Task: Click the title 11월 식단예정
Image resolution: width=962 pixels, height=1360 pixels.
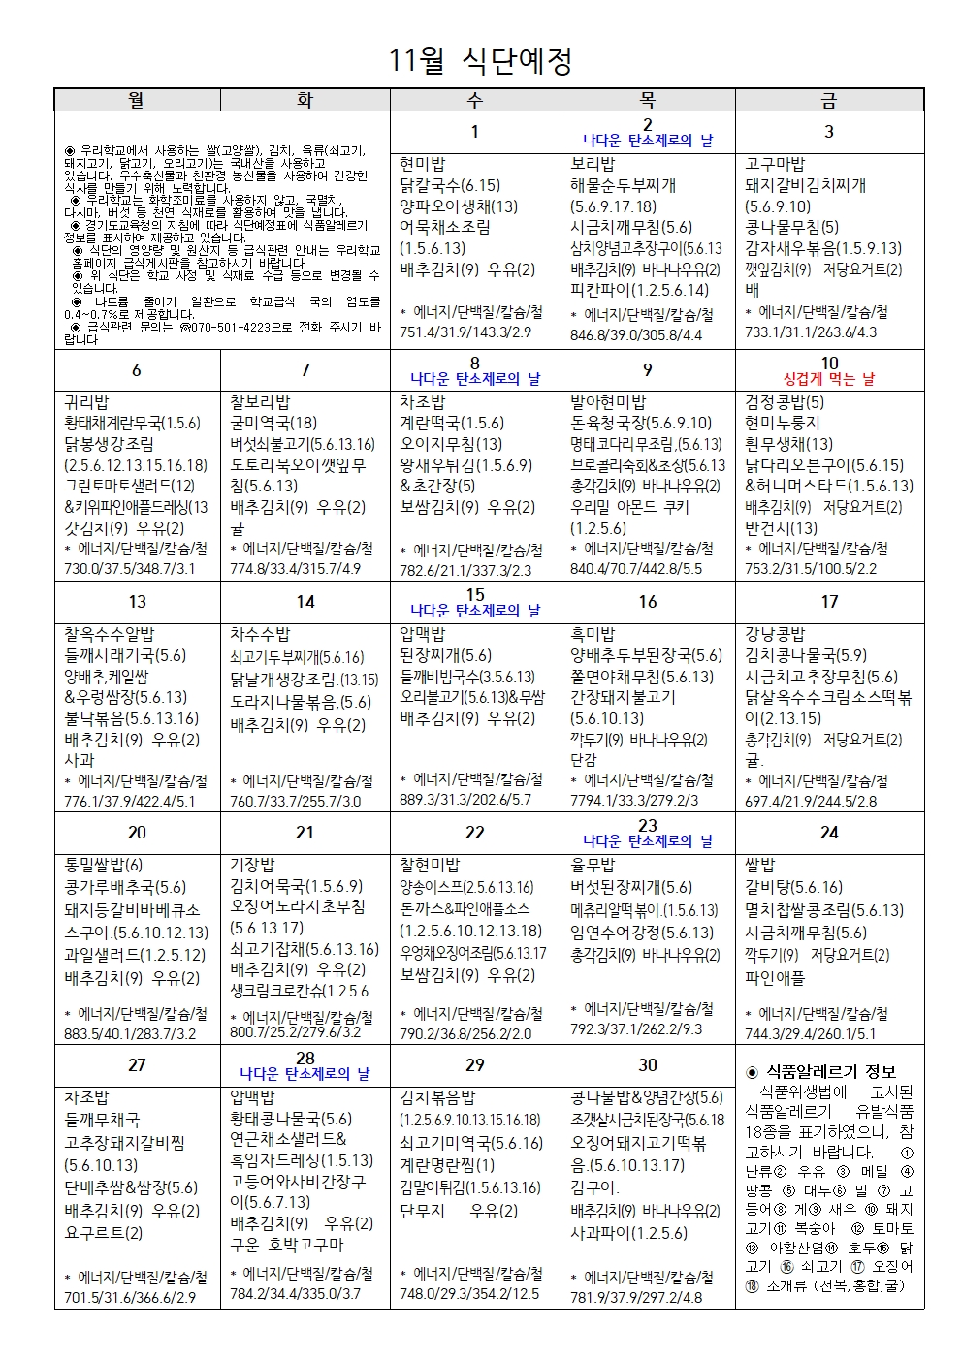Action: pyautogui.click(x=480, y=61)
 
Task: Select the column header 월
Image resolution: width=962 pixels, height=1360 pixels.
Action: pyautogui.click(x=137, y=100)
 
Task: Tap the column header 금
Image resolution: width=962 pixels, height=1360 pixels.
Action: pyautogui.click(x=829, y=100)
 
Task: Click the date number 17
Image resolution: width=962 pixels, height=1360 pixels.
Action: pyautogui.click(x=829, y=602)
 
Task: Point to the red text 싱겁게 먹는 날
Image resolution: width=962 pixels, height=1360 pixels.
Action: pyautogui.click(x=829, y=379)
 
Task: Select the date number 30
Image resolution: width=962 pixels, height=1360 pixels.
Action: pyautogui.click(x=648, y=1064)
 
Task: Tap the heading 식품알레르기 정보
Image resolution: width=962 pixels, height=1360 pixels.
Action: pyautogui.click(x=831, y=1071)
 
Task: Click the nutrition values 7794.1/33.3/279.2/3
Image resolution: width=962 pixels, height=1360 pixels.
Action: pyautogui.click(x=634, y=801)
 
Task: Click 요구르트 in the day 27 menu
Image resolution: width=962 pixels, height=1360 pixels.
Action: pyautogui.click(x=103, y=1233)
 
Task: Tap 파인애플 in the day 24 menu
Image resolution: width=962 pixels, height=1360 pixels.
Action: pyautogui.click(x=775, y=978)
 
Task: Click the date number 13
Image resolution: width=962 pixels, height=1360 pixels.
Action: pyautogui.click(x=137, y=602)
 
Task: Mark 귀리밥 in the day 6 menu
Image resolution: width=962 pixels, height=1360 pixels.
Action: pyautogui.click(x=86, y=402)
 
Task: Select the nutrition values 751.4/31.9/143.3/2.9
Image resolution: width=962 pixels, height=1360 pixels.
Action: pyautogui.click(x=465, y=332)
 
